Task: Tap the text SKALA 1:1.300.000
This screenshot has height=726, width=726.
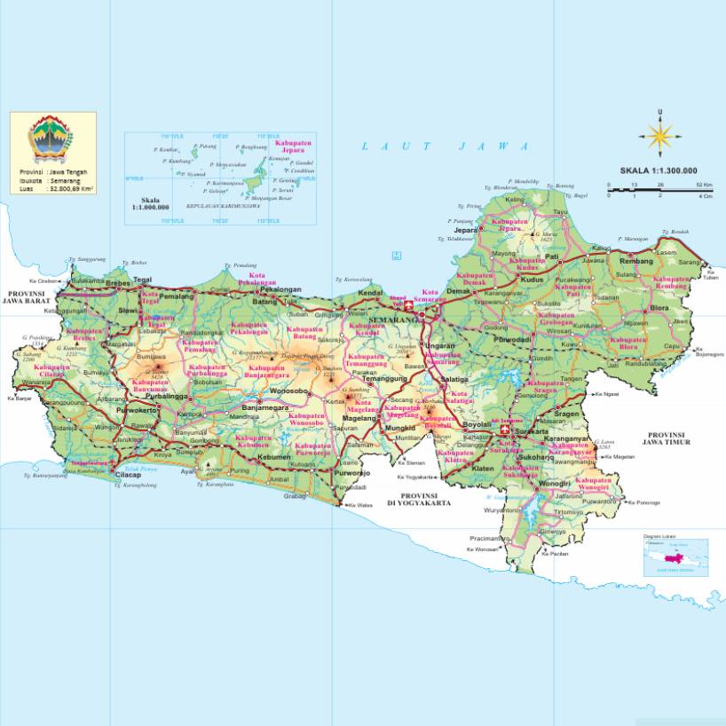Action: (658, 171)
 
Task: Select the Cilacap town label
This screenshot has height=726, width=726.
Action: (129, 475)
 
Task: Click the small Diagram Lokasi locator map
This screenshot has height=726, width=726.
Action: (675, 556)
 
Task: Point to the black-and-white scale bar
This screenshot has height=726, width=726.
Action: (659, 189)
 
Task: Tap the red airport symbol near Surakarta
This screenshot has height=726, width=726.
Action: (506, 430)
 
